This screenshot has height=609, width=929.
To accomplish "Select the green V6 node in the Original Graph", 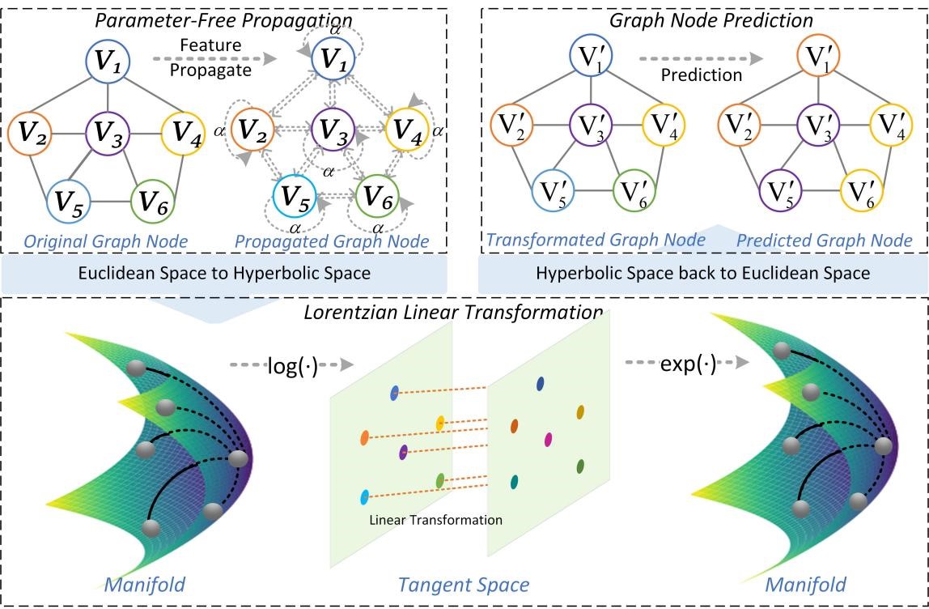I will click(152, 200).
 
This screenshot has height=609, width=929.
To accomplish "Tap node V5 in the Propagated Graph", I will click(295, 196).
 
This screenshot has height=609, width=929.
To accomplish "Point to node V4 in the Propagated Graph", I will click(406, 130).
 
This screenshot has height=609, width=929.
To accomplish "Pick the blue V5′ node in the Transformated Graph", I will click(553, 193).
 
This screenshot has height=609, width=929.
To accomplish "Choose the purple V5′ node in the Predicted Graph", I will click(781, 193).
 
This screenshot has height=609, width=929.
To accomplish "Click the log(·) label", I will click(292, 366).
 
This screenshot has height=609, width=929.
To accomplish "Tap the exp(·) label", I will click(688, 364).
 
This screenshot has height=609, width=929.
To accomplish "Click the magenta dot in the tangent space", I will click(548, 440).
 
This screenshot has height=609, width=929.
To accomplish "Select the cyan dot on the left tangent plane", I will click(364, 497).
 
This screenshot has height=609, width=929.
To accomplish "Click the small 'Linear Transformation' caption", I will click(435, 520).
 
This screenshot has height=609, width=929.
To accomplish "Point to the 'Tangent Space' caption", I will click(464, 585).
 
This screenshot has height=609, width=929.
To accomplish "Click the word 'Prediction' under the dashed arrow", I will click(701, 75).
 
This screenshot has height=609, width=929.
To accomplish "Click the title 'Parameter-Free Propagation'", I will click(223, 20).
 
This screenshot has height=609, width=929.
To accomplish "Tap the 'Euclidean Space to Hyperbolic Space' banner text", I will click(224, 273).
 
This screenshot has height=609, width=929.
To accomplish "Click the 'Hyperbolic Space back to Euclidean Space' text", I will click(702, 273).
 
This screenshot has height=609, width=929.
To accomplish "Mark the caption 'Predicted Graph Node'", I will click(823, 241).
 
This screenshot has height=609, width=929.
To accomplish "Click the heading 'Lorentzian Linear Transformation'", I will click(453, 313).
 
